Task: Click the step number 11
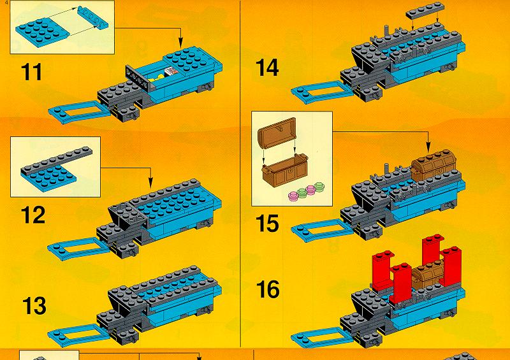(31, 72)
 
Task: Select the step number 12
(33, 215)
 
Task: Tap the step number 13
(34, 306)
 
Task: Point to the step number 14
(267, 68)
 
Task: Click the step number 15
(267, 224)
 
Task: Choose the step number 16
(268, 289)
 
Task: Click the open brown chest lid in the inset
(277, 133)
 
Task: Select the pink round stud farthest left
(293, 196)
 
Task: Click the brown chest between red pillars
(428, 274)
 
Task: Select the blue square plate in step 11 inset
(42, 32)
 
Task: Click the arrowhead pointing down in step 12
(150, 183)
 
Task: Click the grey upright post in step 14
(387, 32)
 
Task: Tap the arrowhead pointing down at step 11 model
(180, 43)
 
